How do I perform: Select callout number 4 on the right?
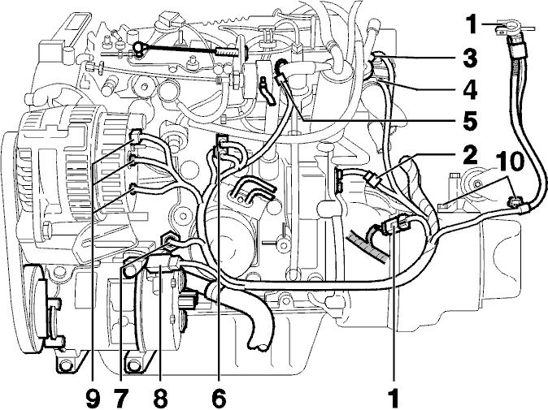click(x=469, y=90)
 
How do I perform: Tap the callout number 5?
click(x=469, y=120)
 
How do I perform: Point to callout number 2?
click(x=469, y=155)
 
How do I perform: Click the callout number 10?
click(x=511, y=162)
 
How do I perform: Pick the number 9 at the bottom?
click(x=93, y=398)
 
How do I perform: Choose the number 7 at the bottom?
click(x=122, y=398)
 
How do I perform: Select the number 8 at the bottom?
click(x=160, y=398)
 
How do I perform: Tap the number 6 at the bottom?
click(x=219, y=398)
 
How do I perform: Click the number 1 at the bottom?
click(x=394, y=398)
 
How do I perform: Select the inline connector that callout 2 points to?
click(x=372, y=179)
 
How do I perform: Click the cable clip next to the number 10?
click(x=514, y=202)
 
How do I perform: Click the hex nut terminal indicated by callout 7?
click(x=168, y=240)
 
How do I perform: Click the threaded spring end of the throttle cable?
click(x=227, y=53)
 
